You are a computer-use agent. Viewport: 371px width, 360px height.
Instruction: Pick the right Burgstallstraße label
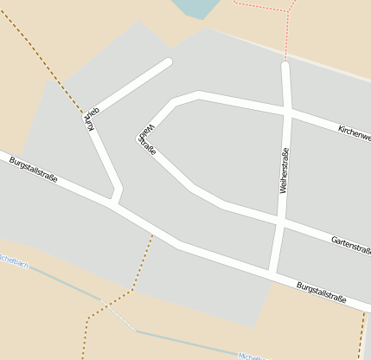pyautogui.click(x=321, y=292)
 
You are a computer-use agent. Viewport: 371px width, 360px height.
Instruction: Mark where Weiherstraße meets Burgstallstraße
pyautogui.click(x=272, y=274)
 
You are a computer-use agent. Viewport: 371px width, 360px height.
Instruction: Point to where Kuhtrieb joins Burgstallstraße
pyautogui.click(x=114, y=202)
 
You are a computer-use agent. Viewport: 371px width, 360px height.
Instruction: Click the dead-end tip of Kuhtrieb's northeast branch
pyautogui.click(x=168, y=62)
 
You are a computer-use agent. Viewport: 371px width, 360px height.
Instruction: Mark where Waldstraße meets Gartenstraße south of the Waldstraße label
pyautogui.click(x=191, y=185)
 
